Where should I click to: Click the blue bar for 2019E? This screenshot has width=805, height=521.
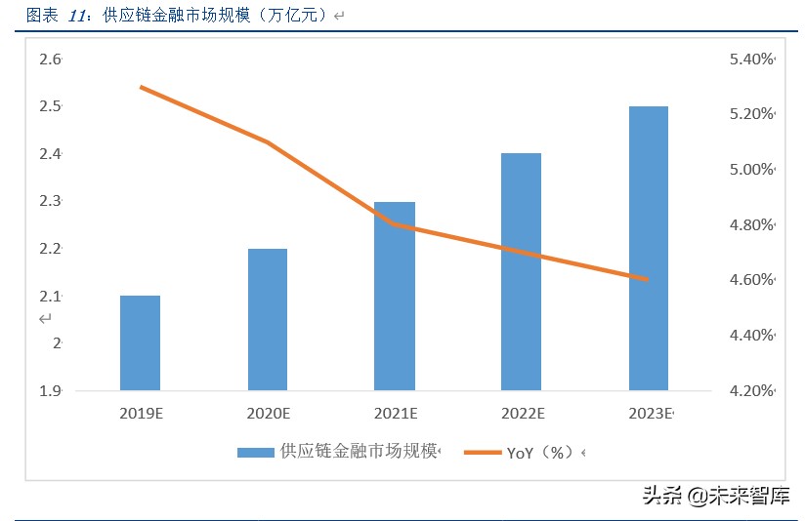pos(140,342)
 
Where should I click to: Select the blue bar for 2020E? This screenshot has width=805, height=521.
pos(268,319)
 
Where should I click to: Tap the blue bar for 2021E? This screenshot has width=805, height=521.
pos(395,296)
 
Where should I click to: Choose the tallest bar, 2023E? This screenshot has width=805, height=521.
pos(649,248)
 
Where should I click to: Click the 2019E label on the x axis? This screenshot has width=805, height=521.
pos(141,414)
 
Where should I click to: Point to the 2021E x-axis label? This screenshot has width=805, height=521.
pos(395,414)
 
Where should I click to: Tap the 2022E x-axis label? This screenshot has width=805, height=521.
pos(522,414)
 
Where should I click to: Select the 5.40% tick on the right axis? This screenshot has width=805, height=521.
pos(750,60)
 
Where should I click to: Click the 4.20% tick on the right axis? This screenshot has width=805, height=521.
pos(750,391)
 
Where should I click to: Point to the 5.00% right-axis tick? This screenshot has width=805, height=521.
pos(750,170)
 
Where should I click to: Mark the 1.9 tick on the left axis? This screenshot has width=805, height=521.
pos(50,391)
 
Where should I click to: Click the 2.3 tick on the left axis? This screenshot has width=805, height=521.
pos(50,201)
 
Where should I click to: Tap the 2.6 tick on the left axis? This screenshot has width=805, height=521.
pos(50,60)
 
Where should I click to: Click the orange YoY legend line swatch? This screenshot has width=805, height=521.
pos(482,452)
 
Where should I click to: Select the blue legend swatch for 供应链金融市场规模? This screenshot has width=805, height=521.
pos(256,452)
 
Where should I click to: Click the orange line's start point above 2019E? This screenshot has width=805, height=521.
pos(141,87)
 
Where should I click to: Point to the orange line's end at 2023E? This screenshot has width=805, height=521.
pos(647,279)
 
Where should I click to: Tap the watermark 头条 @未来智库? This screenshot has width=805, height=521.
pos(715,496)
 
